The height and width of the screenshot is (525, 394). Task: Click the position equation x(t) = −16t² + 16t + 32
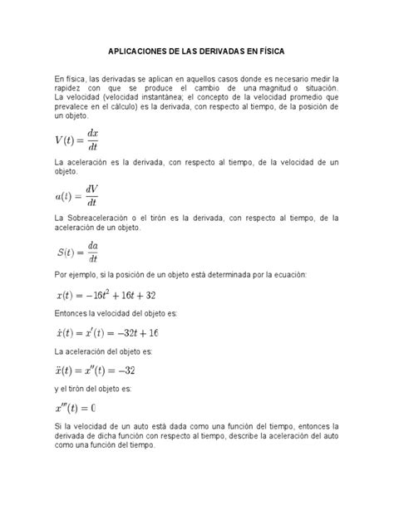(x=110, y=295)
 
